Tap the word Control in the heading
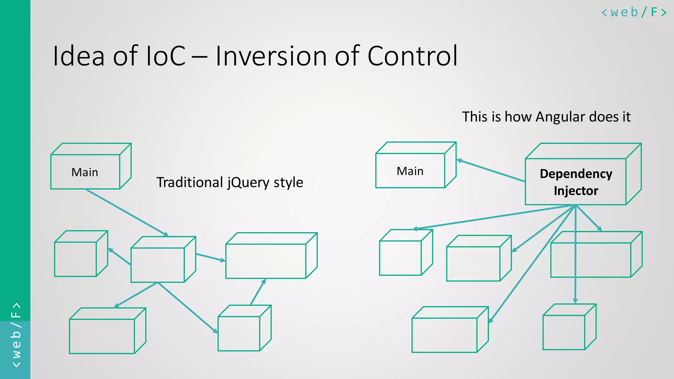coord(412,56)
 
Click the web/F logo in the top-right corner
coord(634,13)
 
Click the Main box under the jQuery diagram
coord(85,172)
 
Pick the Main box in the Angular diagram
coord(410,170)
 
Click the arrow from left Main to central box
coord(127,213)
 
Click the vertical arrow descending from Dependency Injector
coord(575,263)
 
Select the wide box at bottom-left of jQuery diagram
coord(102,336)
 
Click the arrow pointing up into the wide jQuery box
coord(258,292)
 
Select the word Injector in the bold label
coord(576,191)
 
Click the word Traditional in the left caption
coord(190,183)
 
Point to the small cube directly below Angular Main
coord(401,258)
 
